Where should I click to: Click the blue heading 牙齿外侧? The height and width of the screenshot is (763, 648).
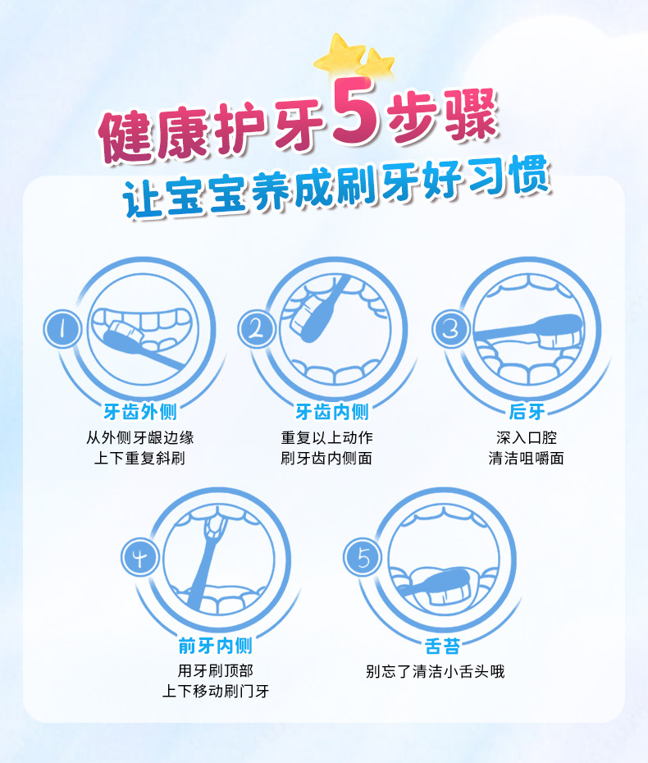pos(139,411)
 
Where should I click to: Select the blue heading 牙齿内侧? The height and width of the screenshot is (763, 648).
pos(331,411)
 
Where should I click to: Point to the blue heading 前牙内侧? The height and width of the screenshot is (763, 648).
pos(215,646)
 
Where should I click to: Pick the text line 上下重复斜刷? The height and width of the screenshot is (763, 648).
pos(139,458)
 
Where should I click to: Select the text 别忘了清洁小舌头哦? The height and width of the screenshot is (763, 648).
pos(435,672)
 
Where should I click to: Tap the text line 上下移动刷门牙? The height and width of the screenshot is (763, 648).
pos(215,691)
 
